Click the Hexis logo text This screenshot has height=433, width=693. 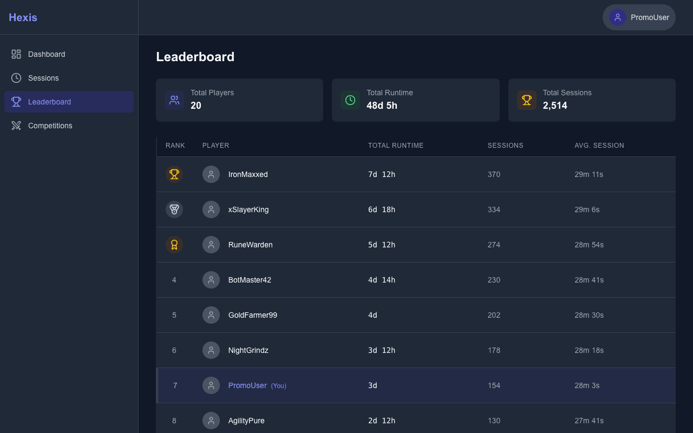[x=23, y=17]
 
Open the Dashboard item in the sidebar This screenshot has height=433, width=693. [x=47, y=54]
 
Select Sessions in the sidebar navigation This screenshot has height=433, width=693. [x=43, y=78]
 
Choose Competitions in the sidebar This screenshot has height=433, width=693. [x=50, y=126]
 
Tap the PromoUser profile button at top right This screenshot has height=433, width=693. [x=639, y=17]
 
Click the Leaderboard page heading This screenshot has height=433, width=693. [x=195, y=57]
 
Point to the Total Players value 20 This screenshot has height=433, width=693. [x=196, y=106]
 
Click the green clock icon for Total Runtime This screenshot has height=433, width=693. [x=350, y=100]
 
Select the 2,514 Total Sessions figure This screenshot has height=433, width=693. [x=555, y=106]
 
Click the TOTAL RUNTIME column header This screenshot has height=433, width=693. [x=396, y=146]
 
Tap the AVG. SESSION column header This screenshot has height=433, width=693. [x=599, y=146]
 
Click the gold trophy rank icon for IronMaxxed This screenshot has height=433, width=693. [x=174, y=174]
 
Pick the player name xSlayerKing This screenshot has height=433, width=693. [x=249, y=209]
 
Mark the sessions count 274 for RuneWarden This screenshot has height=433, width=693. [x=494, y=245]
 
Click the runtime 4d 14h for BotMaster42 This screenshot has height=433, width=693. [x=382, y=280]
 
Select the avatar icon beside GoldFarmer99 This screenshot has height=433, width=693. [x=211, y=315]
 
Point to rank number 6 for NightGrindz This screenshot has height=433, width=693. [x=174, y=350]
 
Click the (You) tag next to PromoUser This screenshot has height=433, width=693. [x=279, y=386]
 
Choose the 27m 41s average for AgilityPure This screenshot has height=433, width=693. [x=589, y=421]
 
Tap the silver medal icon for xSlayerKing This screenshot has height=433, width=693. [x=174, y=209]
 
